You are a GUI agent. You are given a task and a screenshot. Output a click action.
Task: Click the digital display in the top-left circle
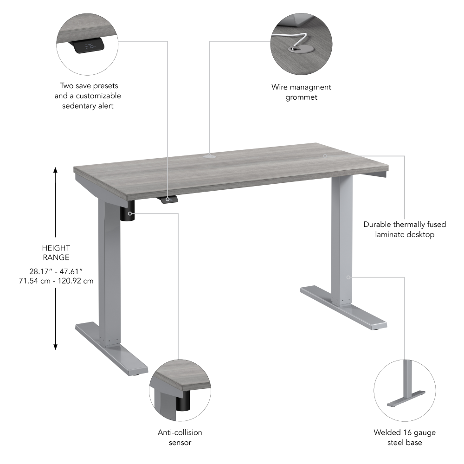tap(90, 46)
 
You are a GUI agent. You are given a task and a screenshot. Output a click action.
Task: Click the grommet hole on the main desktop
tap(210, 156)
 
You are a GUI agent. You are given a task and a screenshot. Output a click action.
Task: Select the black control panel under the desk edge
tap(170, 199)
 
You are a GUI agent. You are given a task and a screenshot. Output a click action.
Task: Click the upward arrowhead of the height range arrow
tap(56, 170)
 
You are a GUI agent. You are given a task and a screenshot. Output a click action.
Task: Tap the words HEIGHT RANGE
tap(56, 252)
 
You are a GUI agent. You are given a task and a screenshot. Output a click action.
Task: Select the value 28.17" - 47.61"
tap(56, 271)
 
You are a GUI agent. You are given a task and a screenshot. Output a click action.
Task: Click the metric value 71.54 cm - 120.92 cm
tap(56, 281)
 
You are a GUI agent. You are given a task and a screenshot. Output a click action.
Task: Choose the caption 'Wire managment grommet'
tap(301, 92)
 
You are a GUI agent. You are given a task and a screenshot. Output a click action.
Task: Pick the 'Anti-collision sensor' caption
tap(180, 437)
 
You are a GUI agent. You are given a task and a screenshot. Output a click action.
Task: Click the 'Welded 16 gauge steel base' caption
tap(405, 437)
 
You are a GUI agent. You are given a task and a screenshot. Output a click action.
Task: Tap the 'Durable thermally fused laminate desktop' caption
tap(405, 229)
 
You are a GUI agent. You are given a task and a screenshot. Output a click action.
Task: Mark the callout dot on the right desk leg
tap(348, 277)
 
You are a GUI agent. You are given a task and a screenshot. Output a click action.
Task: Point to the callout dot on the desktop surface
tap(325, 156)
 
